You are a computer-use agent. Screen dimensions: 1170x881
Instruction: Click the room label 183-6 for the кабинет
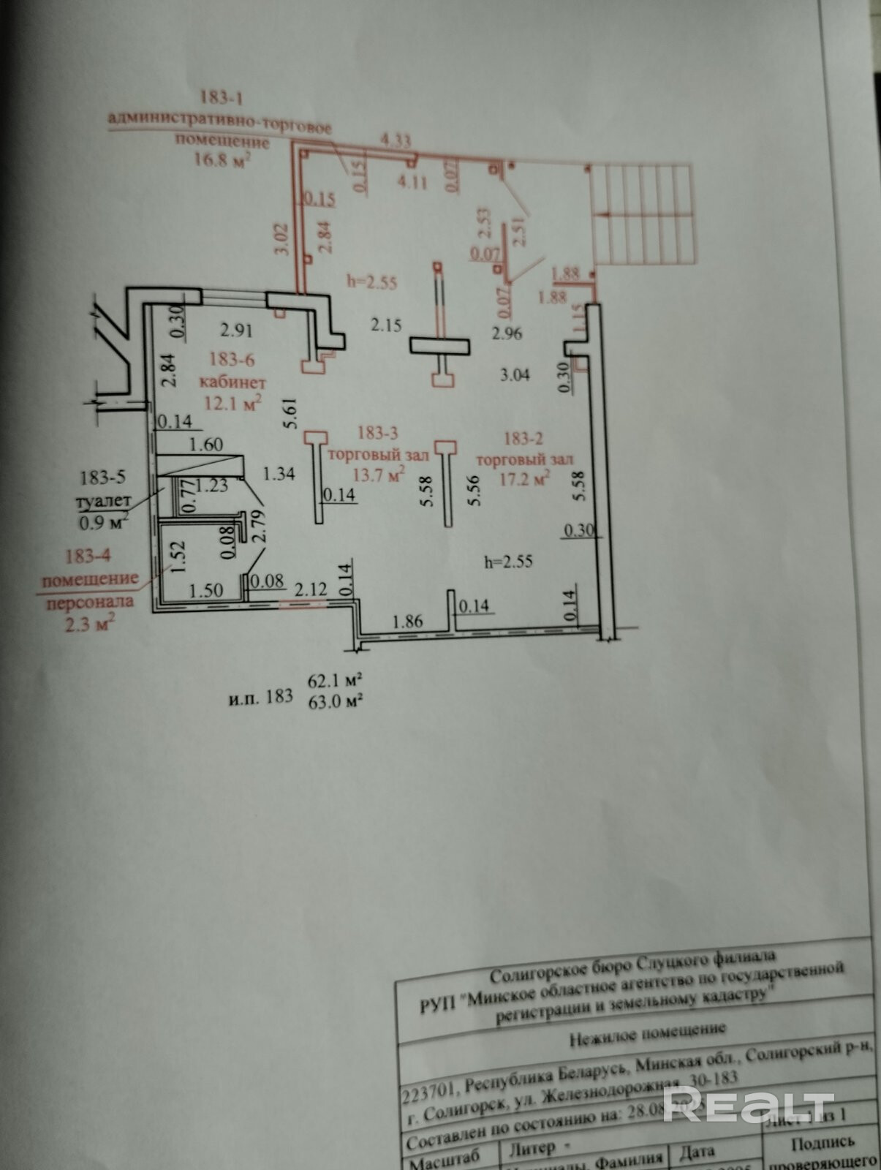click(232, 359)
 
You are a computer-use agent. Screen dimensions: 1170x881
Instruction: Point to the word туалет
click(103, 502)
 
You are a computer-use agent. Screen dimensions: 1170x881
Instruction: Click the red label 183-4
click(88, 556)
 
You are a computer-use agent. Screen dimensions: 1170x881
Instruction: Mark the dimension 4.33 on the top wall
click(396, 140)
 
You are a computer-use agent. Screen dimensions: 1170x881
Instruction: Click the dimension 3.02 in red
click(284, 238)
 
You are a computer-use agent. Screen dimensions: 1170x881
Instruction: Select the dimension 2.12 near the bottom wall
click(311, 589)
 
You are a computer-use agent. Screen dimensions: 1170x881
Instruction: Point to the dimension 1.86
click(407, 622)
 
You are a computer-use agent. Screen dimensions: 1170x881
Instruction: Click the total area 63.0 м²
click(336, 700)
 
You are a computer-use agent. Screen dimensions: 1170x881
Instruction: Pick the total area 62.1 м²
click(336, 680)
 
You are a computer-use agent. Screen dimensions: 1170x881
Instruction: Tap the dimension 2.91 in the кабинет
click(236, 330)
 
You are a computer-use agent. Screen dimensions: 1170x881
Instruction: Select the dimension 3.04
click(515, 375)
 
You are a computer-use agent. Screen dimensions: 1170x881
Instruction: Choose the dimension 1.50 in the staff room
click(205, 590)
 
